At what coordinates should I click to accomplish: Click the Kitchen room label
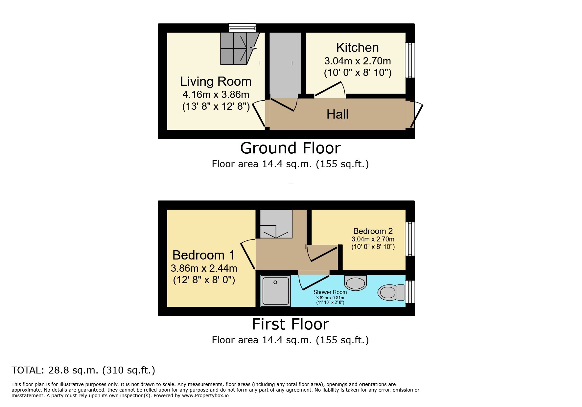click(x=357, y=48)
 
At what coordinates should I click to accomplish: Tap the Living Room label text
click(x=216, y=81)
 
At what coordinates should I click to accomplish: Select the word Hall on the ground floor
click(x=337, y=114)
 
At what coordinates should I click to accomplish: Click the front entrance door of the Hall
click(x=416, y=115)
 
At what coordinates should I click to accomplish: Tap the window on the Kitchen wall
click(x=410, y=60)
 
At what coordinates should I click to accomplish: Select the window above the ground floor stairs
click(x=242, y=28)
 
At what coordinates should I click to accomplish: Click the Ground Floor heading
click(x=290, y=148)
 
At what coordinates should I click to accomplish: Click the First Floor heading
click(x=290, y=324)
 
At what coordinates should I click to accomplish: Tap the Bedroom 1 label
click(x=203, y=255)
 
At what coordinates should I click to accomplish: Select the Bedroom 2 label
click(x=373, y=231)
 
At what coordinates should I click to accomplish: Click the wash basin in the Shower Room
click(x=355, y=283)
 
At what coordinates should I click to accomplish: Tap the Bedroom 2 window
click(x=410, y=239)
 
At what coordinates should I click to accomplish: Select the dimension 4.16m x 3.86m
click(x=216, y=95)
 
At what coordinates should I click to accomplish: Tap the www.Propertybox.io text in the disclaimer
click(x=205, y=396)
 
